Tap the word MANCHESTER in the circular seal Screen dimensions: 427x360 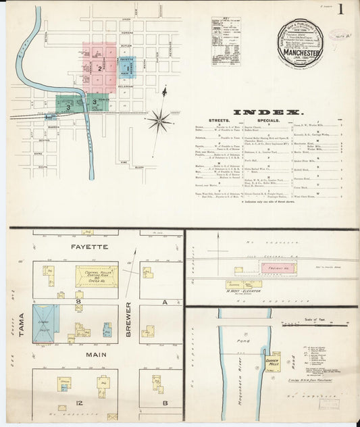pyautogui.click(x=301, y=49)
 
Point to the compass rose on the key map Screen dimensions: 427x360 pyautogui.click(x=160, y=121)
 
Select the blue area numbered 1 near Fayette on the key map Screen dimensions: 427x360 pyautogui.click(x=124, y=68)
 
